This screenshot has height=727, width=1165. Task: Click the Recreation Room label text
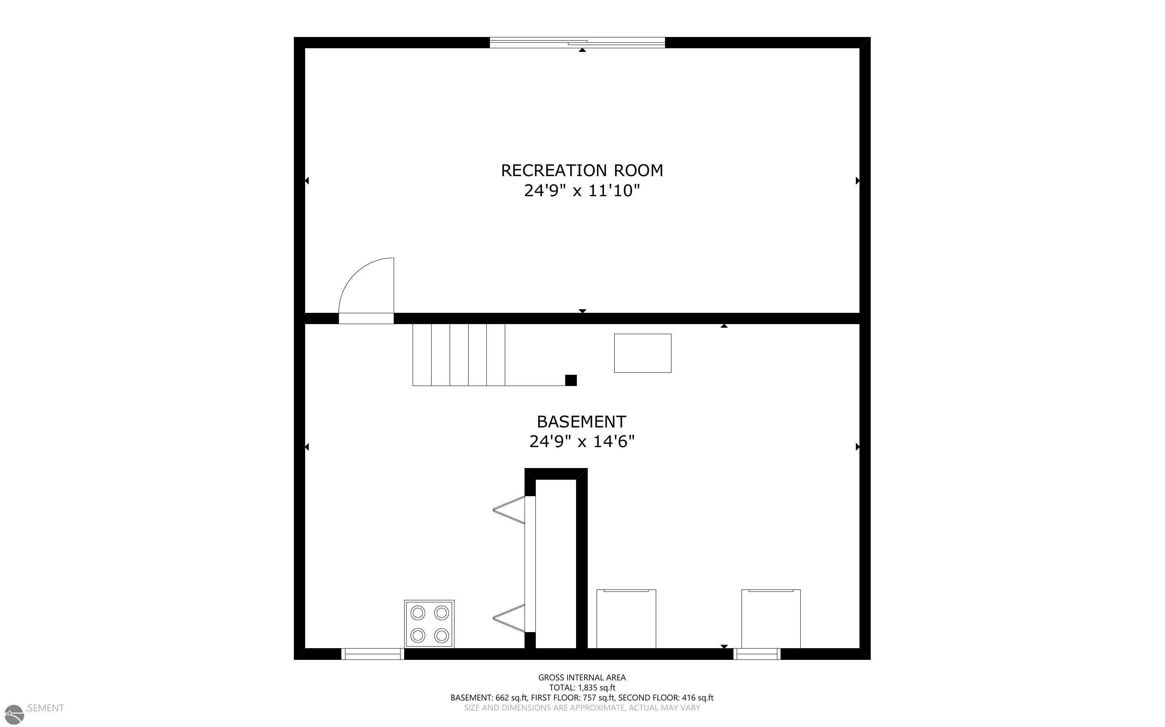(582, 170)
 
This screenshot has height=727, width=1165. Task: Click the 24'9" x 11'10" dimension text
(582, 191)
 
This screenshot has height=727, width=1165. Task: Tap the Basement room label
(581, 422)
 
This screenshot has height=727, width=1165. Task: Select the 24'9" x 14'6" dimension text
(582, 442)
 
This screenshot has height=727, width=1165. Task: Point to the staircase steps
(459, 355)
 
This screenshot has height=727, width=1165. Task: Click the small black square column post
(571, 380)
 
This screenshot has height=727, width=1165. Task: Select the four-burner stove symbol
(429, 624)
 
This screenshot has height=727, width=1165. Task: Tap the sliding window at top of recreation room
(577, 43)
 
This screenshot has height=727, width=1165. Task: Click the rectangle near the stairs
(642, 353)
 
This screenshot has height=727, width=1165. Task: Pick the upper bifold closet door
(509, 510)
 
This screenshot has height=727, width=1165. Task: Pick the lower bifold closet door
(509, 618)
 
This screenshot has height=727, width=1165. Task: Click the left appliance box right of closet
(626, 619)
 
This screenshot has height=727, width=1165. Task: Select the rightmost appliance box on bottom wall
(771, 619)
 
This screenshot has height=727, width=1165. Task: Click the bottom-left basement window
(373, 654)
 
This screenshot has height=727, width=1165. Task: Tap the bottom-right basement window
(757, 654)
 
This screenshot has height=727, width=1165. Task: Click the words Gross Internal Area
(582, 678)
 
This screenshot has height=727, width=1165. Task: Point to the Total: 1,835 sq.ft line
(582, 688)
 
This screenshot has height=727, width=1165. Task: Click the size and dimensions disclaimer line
(582, 708)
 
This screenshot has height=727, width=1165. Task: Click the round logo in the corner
(14, 715)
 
